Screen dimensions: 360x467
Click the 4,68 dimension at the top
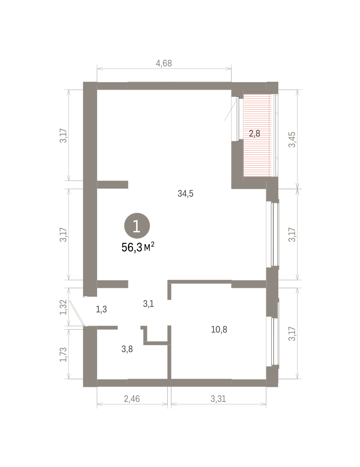tap(164, 63)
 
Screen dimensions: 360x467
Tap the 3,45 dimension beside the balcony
tap(292, 139)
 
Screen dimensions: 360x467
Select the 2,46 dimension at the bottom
tap(132, 399)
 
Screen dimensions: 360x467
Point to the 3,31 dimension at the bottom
tap(218, 399)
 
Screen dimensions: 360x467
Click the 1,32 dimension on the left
tap(63, 307)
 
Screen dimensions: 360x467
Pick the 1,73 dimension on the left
tap(63, 355)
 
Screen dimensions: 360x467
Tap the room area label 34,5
tap(185, 194)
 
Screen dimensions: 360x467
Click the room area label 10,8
tap(219, 330)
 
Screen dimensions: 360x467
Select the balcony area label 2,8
tap(255, 133)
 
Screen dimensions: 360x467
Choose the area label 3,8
tap(127, 349)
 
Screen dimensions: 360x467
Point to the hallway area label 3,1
tap(149, 304)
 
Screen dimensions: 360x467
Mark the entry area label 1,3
tap(101, 309)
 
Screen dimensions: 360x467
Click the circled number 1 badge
tap(137, 226)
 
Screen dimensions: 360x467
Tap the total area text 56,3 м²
tap(138, 247)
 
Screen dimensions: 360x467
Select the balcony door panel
tap(238, 119)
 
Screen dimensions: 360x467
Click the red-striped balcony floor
tap(258, 135)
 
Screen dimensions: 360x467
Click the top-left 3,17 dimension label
tap(63, 135)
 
